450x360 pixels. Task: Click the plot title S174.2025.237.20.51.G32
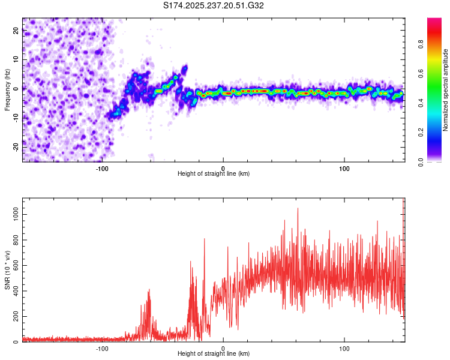(x=214, y=6)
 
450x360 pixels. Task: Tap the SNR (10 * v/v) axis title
(x=7, y=270)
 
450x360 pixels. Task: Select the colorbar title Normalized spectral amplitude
(x=445, y=90)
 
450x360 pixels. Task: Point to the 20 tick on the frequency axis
(x=16, y=31)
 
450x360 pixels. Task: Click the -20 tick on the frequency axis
(x=16, y=145)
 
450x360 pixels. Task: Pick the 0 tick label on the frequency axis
(x=18, y=88)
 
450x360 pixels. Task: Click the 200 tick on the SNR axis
(x=14, y=316)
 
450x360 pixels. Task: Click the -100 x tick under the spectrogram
(x=102, y=168)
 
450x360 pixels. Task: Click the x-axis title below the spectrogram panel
(x=214, y=173)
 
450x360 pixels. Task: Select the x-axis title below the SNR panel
(x=214, y=354)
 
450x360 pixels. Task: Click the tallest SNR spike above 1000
(x=298, y=208)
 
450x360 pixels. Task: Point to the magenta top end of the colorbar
(x=434, y=20)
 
